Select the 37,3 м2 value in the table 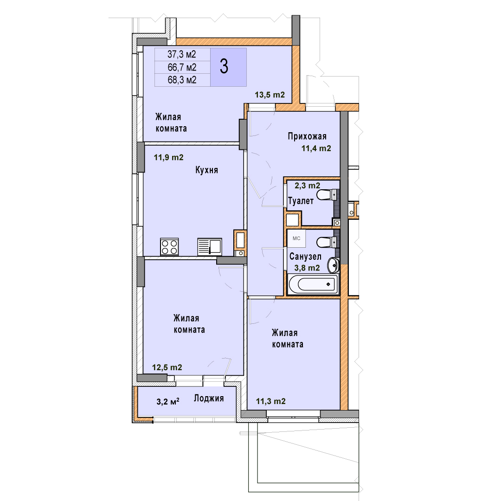click(x=181, y=54)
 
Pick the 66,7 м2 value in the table click(x=182, y=67)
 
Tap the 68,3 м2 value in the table click(x=182, y=80)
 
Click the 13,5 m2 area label click(x=270, y=95)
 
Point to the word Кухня click(x=206, y=170)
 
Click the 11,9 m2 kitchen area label click(x=168, y=157)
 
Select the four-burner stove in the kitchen click(x=169, y=247)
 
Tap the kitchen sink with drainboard click(x=210, y=247)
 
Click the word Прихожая click(x=307, y=136)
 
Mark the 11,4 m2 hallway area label click(x=316, y=148)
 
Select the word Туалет click(x=301, y=201)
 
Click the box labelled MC click(x=296, y=238)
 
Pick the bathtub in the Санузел click(x=313, y=284)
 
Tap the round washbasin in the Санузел click(x=333, y=265)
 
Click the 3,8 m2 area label click(x=307, y=268)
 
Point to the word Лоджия click(x=209, y=398)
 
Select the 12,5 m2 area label click(x=167, y=367)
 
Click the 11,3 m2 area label click(x=270, y=401)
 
